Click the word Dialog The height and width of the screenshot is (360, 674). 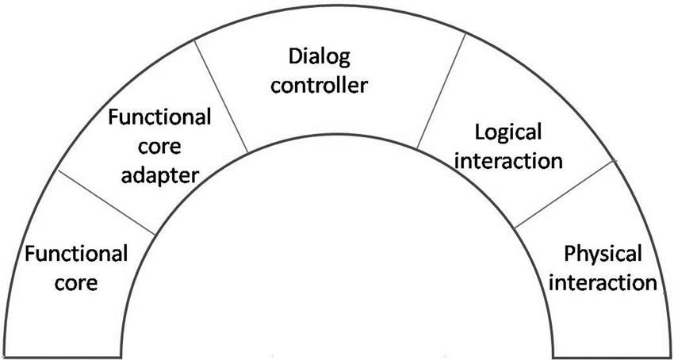[320, 57]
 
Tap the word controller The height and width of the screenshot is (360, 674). [320, 84]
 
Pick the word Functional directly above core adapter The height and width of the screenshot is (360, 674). [159, 119]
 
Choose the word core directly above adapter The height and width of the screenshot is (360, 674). [159, 147]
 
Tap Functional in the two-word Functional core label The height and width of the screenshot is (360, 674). [76, 255]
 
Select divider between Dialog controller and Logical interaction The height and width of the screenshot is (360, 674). [440, 94]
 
